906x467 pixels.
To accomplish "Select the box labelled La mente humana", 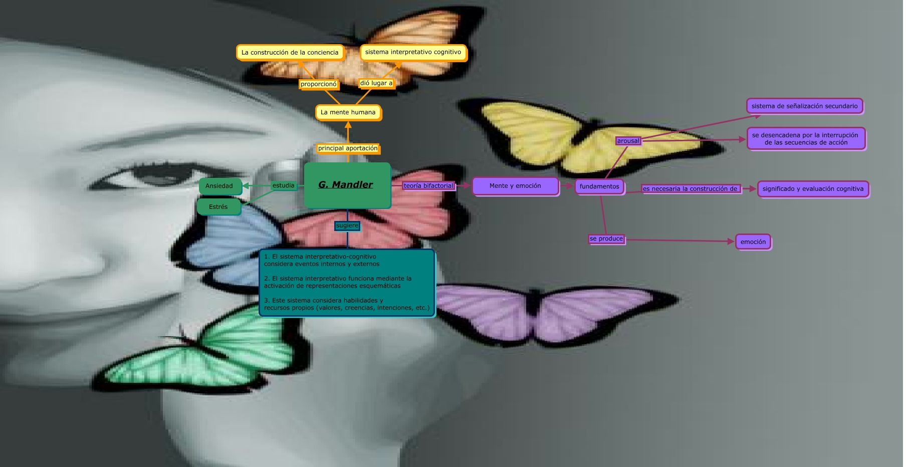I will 348,112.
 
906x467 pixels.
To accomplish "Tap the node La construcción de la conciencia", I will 290,53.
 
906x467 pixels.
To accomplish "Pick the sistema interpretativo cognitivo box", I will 413,52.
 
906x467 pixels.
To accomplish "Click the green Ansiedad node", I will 219,186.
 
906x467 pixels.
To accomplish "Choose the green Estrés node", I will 218,206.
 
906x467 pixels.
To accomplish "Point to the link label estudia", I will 284,185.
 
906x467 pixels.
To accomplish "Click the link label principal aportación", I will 348,148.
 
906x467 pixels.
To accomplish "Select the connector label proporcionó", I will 319,84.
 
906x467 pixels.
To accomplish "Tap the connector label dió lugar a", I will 376,83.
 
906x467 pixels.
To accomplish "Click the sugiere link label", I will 347,225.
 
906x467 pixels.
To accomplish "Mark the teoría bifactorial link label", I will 428,186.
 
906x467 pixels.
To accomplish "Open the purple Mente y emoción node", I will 515,186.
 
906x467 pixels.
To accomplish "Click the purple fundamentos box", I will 599,186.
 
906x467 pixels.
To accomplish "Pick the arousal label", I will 628,141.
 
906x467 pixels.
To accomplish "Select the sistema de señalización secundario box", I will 804,106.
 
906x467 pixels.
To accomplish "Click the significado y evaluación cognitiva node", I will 813,189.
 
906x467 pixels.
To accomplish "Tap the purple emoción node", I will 753,242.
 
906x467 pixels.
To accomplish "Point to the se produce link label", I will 606,239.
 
